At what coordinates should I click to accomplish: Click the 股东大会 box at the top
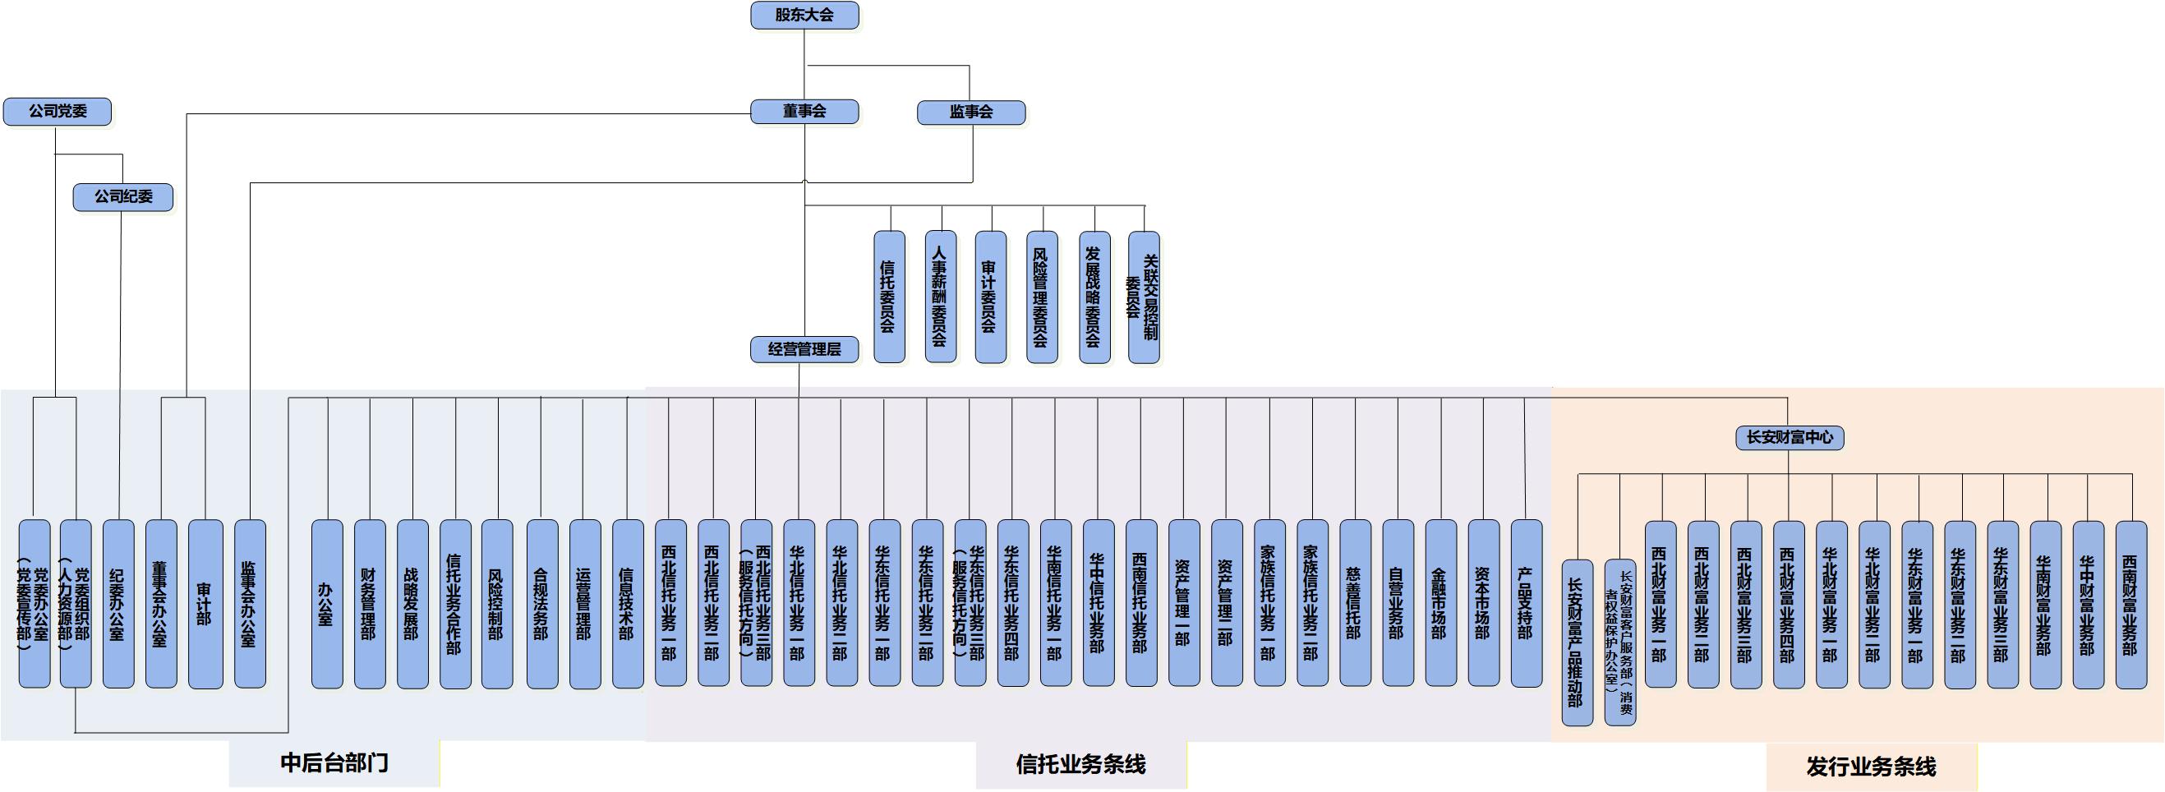pos(804,15)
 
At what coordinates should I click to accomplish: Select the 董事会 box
pos(804,111)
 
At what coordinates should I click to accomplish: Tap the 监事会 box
pos(970,112)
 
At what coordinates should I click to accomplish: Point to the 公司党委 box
pos(58,111)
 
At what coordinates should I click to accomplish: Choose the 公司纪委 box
pos(122,196)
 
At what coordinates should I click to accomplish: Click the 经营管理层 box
pos(804,349)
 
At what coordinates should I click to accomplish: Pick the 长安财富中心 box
pos(1790,437)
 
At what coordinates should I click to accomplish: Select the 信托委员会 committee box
pos(889,297)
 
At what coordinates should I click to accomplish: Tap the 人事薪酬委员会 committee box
pos(941,297)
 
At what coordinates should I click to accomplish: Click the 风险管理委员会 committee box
pos(1042,297)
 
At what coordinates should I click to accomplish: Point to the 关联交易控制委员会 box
pos(1144,297)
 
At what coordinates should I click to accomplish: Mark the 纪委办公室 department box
pos(118,604)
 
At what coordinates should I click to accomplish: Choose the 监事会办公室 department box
pos(250,604)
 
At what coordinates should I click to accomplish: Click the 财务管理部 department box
pos(370,604)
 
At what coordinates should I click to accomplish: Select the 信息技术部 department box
pos(628,604)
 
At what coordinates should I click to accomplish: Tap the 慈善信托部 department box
pos(1355,604)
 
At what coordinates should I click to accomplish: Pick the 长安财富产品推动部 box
pos(1578,642)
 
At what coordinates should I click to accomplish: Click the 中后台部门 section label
pos(334,763)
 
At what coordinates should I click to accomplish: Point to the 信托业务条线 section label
pos(1080,764)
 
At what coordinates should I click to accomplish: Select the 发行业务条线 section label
pos(1871,767)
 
